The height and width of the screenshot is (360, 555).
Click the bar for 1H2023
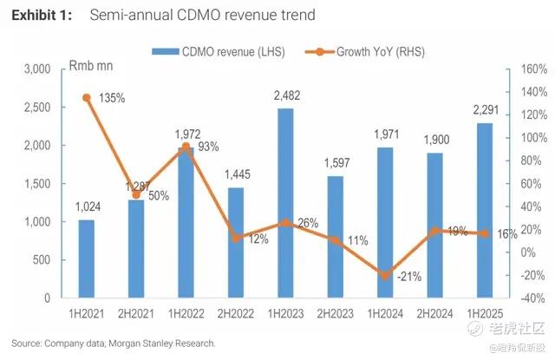pos(284,203)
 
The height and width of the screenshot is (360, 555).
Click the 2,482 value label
pos(284,96)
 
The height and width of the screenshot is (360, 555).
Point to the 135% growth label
pos(112,98)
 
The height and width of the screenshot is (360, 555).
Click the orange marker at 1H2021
pos(86,98)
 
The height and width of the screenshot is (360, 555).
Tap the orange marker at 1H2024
pos(384,276)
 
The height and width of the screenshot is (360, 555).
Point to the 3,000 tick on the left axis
pos(36,69)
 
